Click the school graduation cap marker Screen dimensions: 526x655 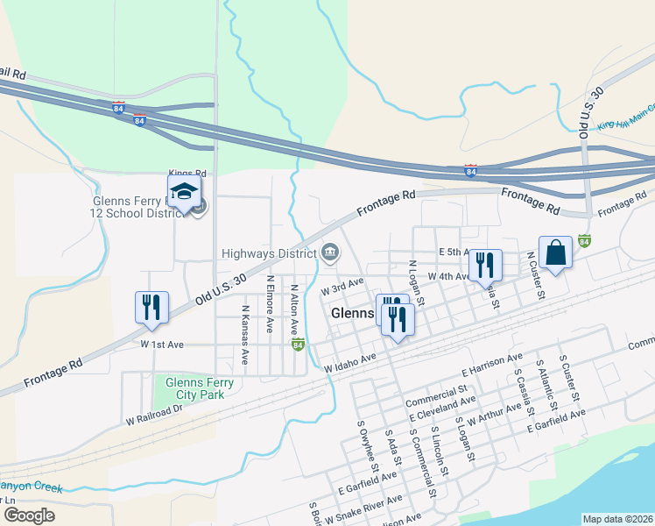pos(185,192)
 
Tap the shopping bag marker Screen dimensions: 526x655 pos(555,252)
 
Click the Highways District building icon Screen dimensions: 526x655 pos(331,253)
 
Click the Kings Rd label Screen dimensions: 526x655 pos(187,174)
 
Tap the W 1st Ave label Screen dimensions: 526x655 pos(161,345)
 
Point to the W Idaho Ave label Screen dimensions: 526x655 pos(349,362)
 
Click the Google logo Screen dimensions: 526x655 pos(29,515)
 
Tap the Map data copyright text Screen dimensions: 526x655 pos(617,519)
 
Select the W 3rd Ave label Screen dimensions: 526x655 pos(342,286)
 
